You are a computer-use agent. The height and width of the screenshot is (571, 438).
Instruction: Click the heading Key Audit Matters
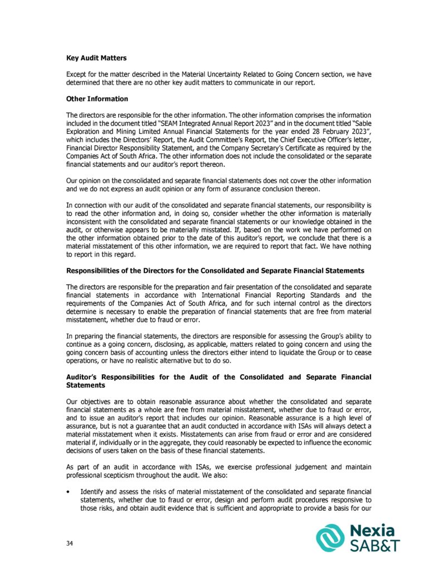click(x=96, y=58)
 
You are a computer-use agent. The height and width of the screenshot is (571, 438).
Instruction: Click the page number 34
click(x=70, y=543)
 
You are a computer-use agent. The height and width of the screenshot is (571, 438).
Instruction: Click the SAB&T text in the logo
click(x=374, y=545)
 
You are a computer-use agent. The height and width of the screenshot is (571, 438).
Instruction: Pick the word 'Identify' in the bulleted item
click(x=93, y=491)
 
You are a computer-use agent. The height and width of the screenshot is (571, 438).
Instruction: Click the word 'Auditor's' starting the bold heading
click(x=86, y=378)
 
